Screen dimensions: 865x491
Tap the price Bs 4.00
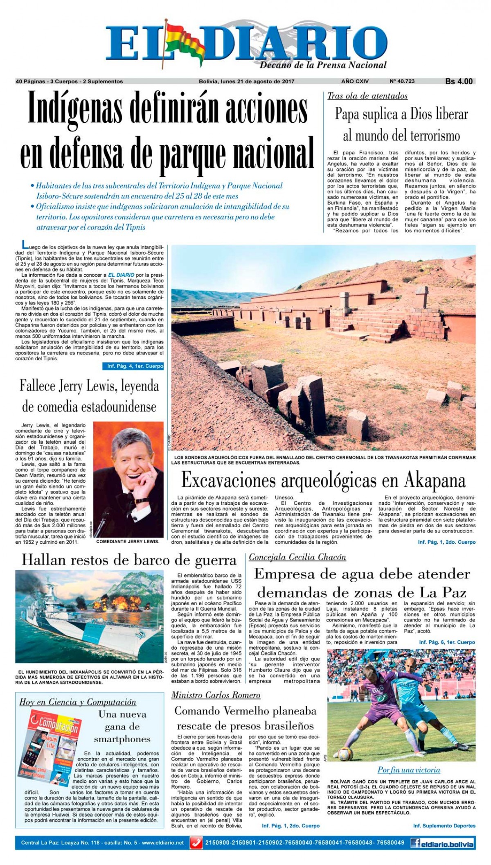pos(459,81)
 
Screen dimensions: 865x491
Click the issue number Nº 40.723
pos(402,81)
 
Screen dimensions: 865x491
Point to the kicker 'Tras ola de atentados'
pos(367,96)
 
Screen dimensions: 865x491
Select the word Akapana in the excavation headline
pos(436,481)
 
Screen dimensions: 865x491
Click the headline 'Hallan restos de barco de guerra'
pos(129,560)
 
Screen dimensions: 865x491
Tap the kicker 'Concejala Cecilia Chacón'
pos(297,557)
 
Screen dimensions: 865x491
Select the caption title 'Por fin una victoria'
pos(409,770)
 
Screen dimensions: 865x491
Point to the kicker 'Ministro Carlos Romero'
pos(216,695)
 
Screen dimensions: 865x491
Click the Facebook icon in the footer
pos(417,843)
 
